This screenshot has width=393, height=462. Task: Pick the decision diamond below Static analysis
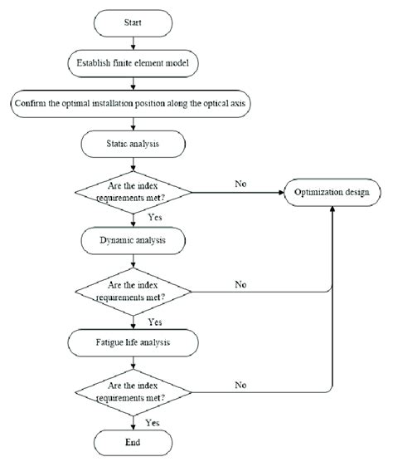[135, 193]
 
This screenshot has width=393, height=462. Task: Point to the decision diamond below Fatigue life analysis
[135, 388]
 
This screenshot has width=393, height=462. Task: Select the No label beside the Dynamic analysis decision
[240, 283]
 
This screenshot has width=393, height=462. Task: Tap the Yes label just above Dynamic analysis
[153, 219]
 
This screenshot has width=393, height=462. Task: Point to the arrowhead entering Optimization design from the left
[279, 193]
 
